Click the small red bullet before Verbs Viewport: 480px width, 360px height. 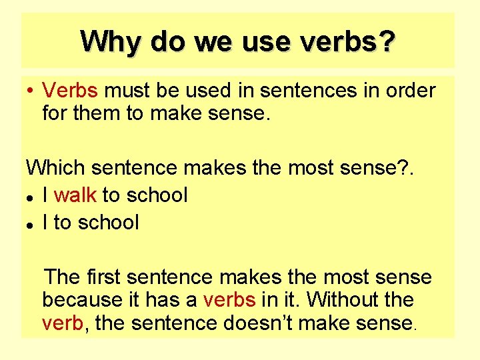click(x=31, y=90)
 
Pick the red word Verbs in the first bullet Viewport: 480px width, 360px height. click(x=70, y=90)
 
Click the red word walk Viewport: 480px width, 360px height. click(x=75, y=195)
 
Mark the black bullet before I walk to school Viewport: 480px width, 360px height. click(x=31, y=197)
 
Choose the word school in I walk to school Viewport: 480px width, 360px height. click(x=157, y=195)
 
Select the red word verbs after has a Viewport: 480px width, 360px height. click(x=229, y=300)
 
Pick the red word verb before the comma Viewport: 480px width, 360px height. click(x=63, y=323)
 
